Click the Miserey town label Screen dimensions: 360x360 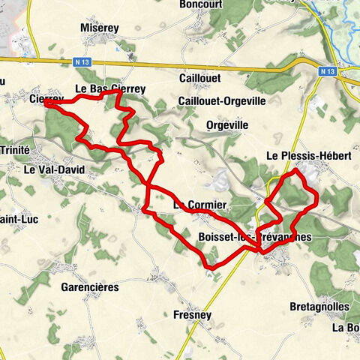[99, 28]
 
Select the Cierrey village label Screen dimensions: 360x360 [46, 98]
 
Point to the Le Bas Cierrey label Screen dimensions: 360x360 [110, 88]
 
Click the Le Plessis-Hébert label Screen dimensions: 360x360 [309, 156]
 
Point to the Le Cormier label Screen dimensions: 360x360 [199, 204]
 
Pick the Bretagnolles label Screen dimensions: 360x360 [315, 307]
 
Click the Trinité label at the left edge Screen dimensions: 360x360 [14, 150]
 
